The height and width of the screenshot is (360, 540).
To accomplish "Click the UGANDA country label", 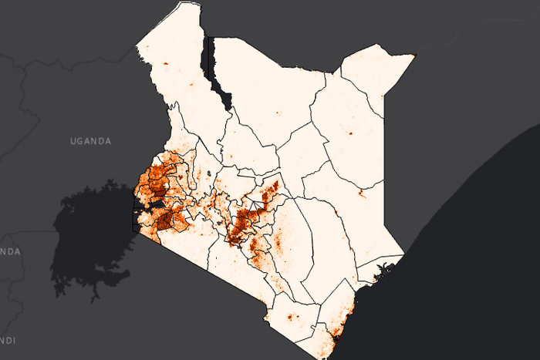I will click(x=90, y=141).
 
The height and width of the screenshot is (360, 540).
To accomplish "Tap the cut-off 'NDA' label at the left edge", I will click(x=10, y=251).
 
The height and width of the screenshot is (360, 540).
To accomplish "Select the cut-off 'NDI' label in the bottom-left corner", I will click(x=8, y=340).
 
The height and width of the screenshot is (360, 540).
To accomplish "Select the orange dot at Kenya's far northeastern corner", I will click(x=413, y=55).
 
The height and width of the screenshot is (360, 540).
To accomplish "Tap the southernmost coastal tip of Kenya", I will click(x=330, y=356).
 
